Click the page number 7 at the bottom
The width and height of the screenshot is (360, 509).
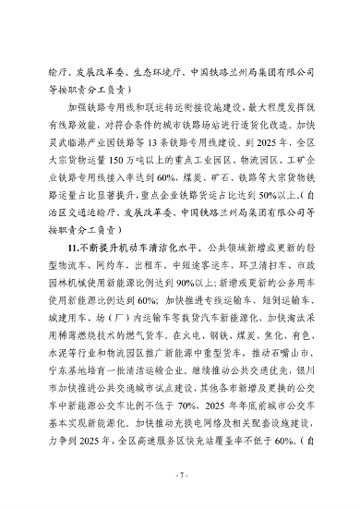point(181,474)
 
